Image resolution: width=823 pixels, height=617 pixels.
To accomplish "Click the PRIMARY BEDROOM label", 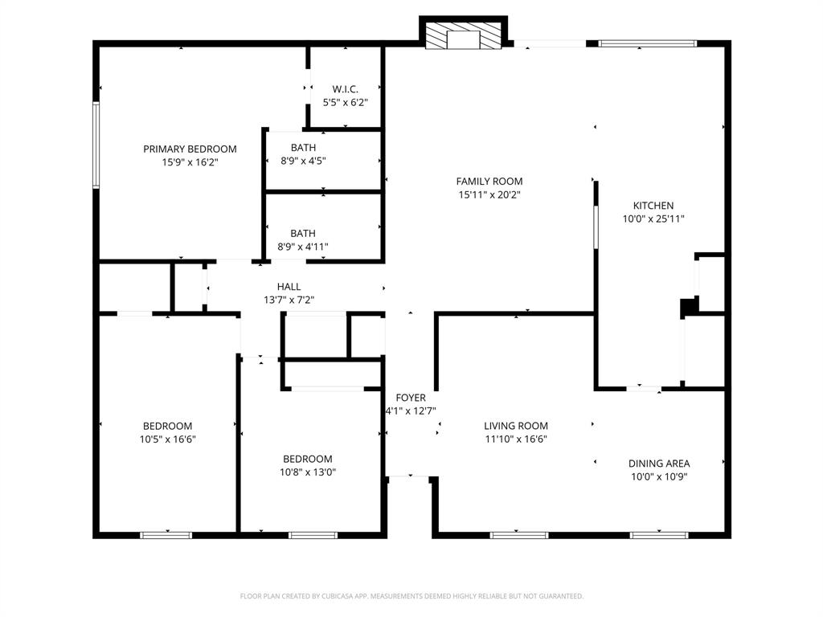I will pyautogui.click(x=190, y=149).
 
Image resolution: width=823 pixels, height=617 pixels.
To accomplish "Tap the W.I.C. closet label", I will pyautogui.click(x=345, y=89).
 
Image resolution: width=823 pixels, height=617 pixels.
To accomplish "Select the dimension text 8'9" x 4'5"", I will pyautogui.click(x=303, y=161).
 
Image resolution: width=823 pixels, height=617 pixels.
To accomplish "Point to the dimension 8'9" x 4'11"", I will pyautogui.click(x=303, y=247).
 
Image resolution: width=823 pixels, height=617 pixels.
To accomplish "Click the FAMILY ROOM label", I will pyautogui.click(x=489, y=182).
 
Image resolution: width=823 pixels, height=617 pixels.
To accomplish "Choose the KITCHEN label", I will pyautogui.click(x=653, y=206).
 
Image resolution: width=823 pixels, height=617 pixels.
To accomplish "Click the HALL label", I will pyautogui.click(x=289, y=287).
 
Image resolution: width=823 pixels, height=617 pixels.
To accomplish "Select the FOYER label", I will pyautogui.click(x=411, y=398).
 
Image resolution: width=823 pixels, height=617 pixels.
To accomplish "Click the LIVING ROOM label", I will pyautogui.click(x=516, y=427).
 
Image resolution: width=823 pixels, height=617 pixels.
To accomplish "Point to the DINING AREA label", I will pyautogui.click(x=658, y=464).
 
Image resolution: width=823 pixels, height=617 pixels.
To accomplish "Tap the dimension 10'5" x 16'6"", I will pyautogui.click(x=167, y=439).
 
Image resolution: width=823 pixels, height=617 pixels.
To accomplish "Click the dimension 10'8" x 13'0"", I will pyautogui.click(x=308, y=472).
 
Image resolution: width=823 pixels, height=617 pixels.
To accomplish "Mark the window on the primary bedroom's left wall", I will pyautogui.click(x=96, y=145).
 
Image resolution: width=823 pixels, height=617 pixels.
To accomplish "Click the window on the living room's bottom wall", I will pyautogui.click(x=518, y=535).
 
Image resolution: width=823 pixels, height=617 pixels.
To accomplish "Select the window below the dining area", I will pyautogui.click(x=658, y=535).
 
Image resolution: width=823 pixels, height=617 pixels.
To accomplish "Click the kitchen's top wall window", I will pyautogui.click(x=648, y=43).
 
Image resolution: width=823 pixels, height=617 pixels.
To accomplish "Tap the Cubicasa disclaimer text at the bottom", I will pyautogui.click(x=411, y=596).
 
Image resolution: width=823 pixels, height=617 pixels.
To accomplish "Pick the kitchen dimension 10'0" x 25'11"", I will pyautogui.click(x=653, y=219).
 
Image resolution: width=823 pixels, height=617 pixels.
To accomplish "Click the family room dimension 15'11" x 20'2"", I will pyautogui.click(x=489, y=194).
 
